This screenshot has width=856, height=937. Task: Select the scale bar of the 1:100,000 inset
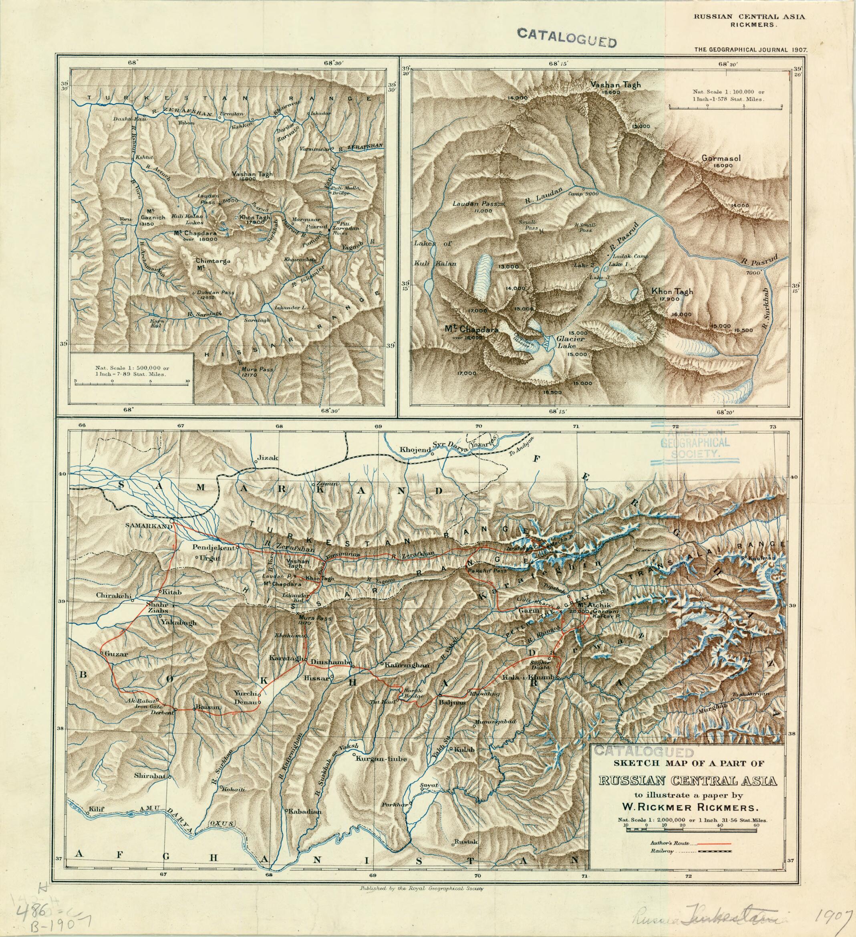[725, 108]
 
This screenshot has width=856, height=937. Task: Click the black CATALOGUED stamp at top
[567, 38]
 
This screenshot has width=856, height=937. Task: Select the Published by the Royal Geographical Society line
[422, 888]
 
